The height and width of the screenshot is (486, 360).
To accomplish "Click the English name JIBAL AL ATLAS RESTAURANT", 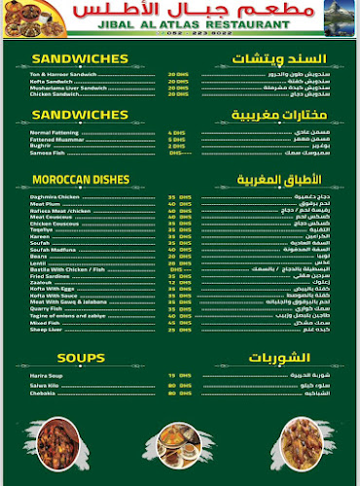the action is (x=179, y=20).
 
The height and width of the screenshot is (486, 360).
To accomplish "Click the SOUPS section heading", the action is (x=80, y=358).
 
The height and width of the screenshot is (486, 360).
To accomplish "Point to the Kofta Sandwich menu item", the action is (x=49, y=81).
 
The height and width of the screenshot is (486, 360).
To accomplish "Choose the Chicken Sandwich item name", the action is (x=52, y=94).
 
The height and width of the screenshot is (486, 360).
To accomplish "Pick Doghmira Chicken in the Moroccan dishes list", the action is (x=51, y=196).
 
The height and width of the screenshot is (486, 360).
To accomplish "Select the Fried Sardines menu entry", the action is (x=48, y=275).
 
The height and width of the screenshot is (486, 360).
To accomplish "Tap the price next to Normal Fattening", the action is (x=176, y=132).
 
